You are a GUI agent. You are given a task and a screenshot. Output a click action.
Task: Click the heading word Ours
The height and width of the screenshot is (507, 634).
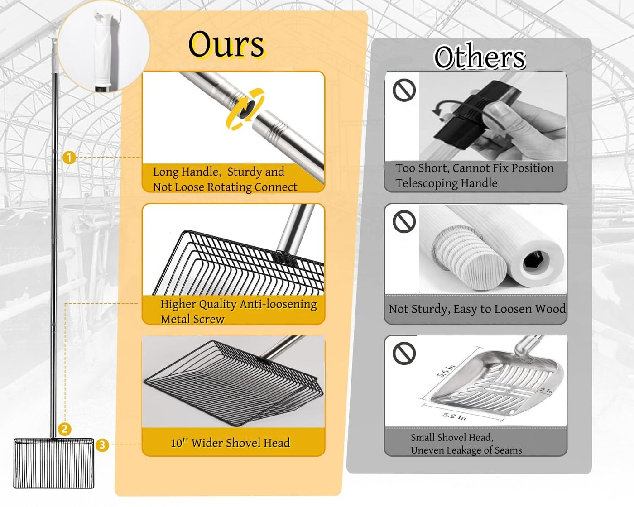226,45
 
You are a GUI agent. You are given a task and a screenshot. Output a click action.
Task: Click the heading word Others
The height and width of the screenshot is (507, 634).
480,57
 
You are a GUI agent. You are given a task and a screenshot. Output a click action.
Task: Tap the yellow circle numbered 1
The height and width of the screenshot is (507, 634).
69,158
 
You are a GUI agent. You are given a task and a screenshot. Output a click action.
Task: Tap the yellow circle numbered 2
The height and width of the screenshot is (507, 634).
65,429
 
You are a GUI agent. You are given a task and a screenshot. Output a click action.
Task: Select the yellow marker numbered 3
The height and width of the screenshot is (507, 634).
102,445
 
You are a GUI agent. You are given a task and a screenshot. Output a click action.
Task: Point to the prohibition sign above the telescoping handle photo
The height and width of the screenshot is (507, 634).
404,90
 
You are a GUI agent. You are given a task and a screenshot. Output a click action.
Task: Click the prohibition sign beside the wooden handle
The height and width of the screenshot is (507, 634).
404,222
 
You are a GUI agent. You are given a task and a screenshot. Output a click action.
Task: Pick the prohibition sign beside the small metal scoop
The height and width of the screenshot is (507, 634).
404,353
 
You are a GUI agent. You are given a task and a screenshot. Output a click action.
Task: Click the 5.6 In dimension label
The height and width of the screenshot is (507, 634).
446,370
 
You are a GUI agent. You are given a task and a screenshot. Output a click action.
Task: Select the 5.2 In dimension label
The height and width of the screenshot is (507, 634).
454,416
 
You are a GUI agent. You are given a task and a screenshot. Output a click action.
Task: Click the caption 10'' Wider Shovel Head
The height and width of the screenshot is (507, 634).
230,443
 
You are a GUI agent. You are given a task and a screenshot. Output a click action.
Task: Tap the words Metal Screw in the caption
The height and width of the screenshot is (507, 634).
192,319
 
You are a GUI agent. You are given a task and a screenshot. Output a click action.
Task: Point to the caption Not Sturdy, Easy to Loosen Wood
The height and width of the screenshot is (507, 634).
477,309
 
